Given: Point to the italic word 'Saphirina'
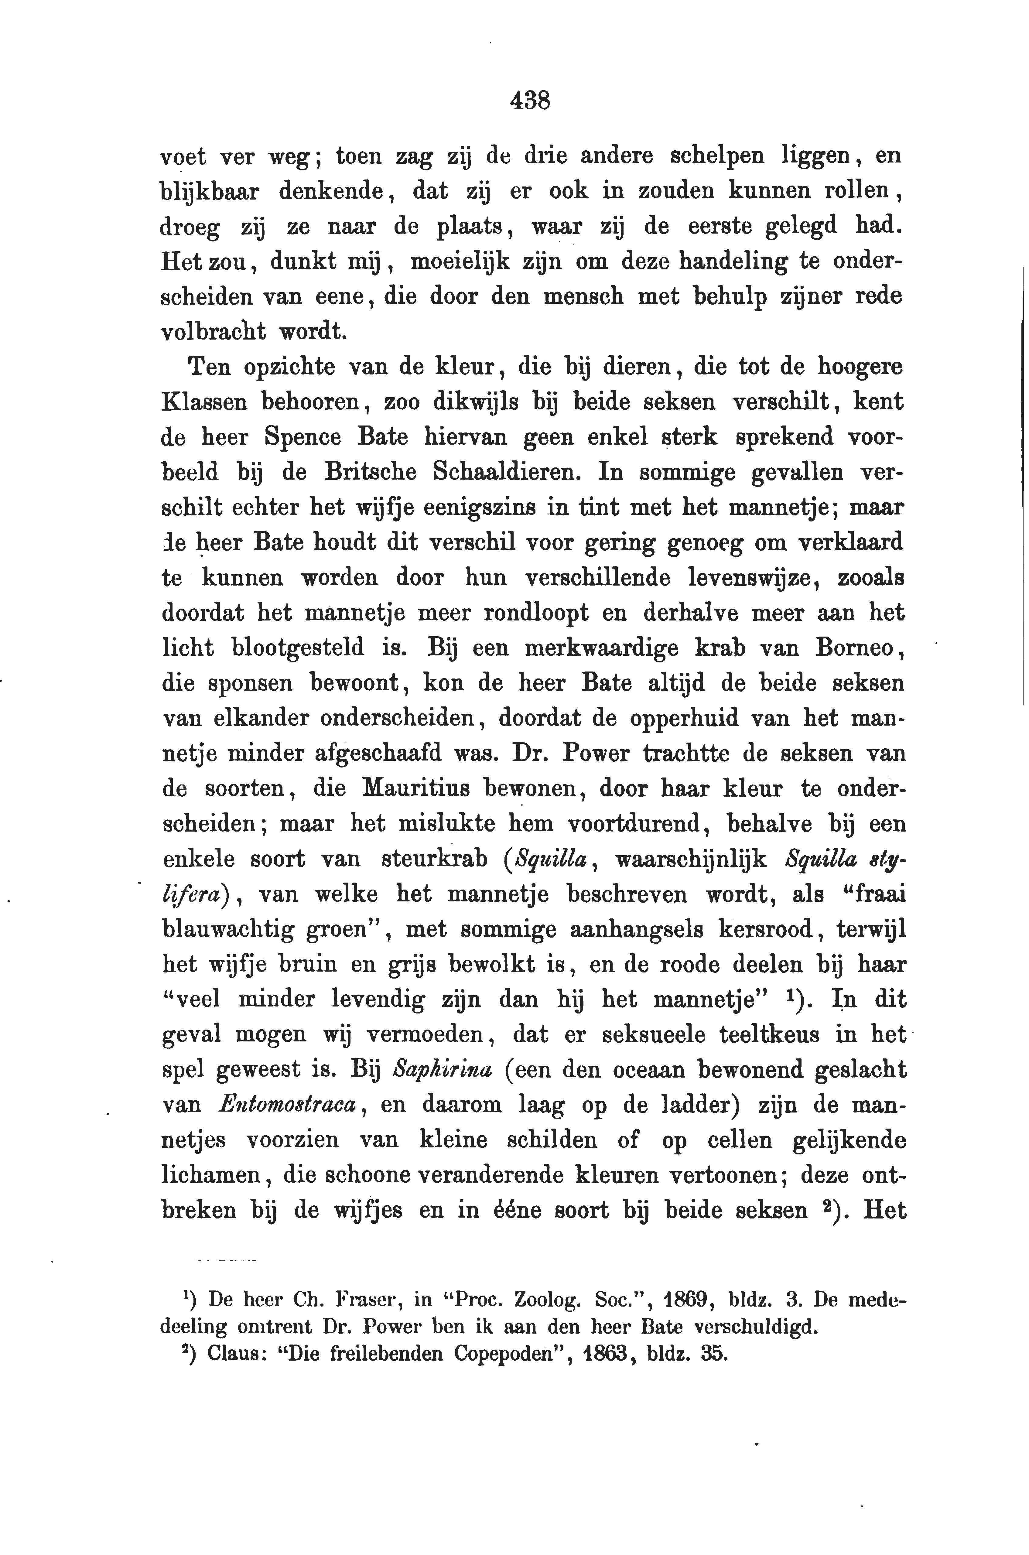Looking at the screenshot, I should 442,1070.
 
